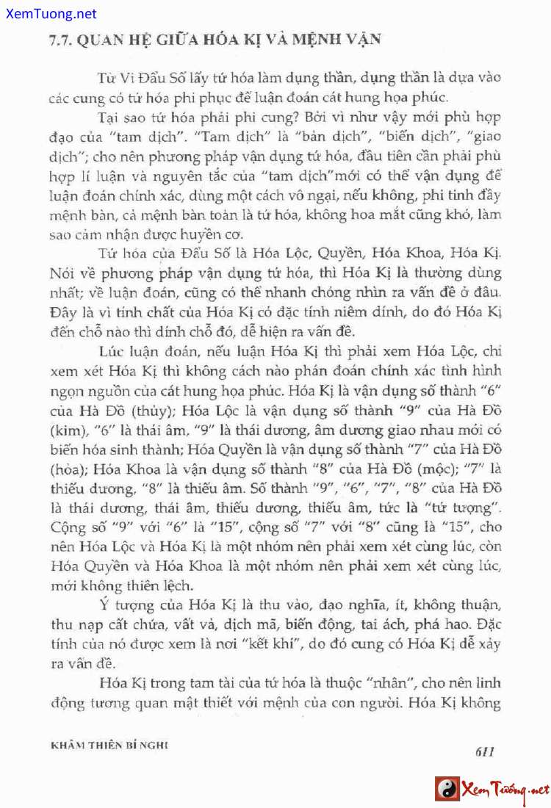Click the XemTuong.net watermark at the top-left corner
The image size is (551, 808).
(48, 13)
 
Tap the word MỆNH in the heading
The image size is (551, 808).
(313, 39)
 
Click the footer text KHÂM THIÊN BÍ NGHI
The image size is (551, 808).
(109, 744)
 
